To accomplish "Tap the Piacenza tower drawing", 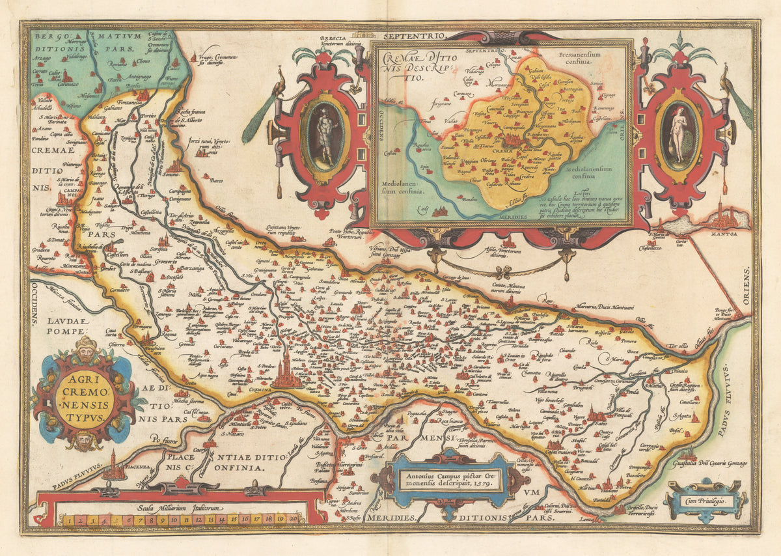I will coord(115,466).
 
